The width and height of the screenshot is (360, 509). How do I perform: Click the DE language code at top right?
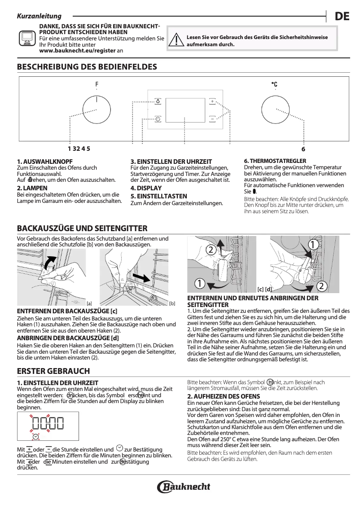point(342,17)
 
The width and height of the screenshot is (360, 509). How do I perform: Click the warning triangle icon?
point(178,41)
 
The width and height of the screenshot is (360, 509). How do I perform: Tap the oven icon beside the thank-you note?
point(27,39)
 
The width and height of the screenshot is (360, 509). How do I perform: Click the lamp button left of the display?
point(158,101)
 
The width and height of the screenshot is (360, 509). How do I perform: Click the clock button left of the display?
point(158,119)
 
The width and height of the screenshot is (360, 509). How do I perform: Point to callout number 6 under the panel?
point(303,149)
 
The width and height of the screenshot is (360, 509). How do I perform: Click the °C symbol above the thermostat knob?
point(274,84)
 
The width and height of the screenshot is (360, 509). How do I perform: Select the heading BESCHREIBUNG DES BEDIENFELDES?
point(87,67)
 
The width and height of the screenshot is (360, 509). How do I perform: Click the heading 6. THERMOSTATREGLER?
point(275,161)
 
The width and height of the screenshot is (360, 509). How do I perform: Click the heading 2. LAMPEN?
point(29,188)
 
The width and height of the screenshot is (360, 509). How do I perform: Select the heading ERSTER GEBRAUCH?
point(53,371)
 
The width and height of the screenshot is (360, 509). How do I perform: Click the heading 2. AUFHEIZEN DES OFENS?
point(223,396)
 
